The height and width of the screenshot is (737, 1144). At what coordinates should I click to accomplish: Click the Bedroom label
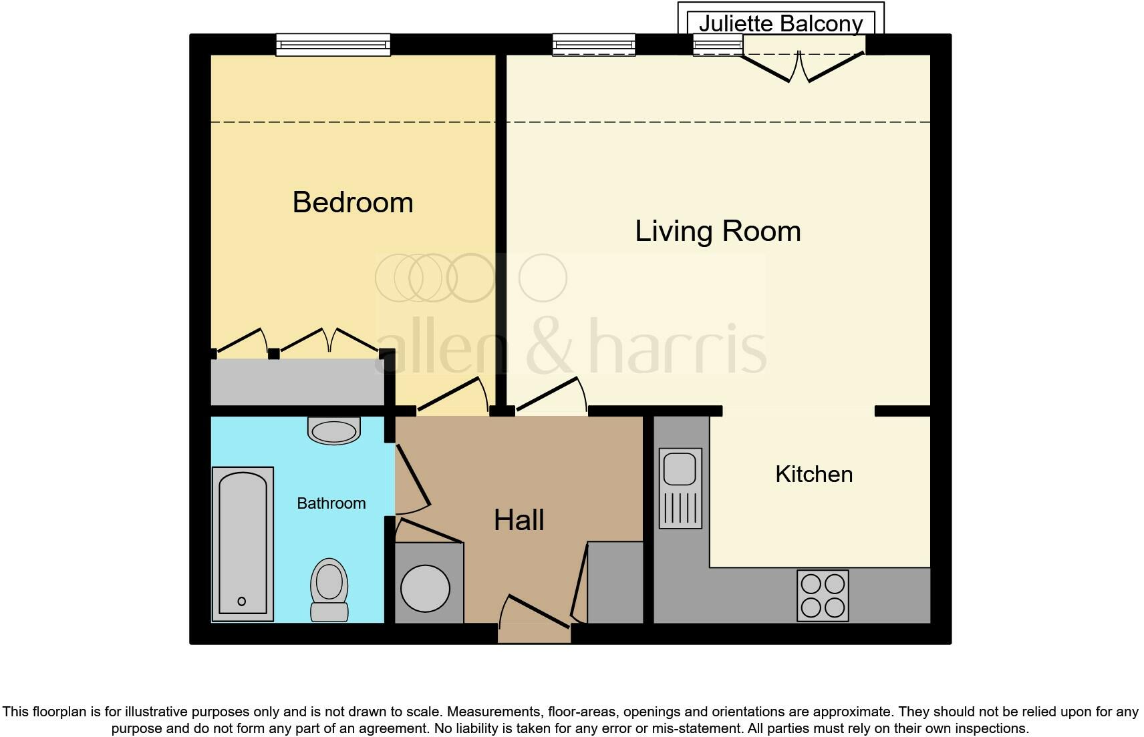[353, 202]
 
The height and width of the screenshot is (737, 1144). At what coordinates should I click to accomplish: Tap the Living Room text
[717, 231]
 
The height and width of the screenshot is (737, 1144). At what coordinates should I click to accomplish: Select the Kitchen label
[813, 474]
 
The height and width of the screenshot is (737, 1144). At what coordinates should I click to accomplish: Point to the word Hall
[519, 520]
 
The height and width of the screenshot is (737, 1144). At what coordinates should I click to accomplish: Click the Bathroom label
[331, 503]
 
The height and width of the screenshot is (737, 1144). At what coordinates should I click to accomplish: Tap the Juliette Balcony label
[780, 23]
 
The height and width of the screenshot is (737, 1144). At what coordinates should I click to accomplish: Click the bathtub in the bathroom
[243, 543]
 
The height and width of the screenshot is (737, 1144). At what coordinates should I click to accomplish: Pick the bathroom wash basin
[333, 431]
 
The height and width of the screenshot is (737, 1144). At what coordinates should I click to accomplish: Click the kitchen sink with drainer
[680, 488]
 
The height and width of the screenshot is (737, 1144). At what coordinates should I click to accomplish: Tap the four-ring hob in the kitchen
[823, 595]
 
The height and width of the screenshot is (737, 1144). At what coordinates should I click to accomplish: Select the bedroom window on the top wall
[333, 45]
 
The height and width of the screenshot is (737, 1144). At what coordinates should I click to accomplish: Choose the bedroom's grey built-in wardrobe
[297, 382]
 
